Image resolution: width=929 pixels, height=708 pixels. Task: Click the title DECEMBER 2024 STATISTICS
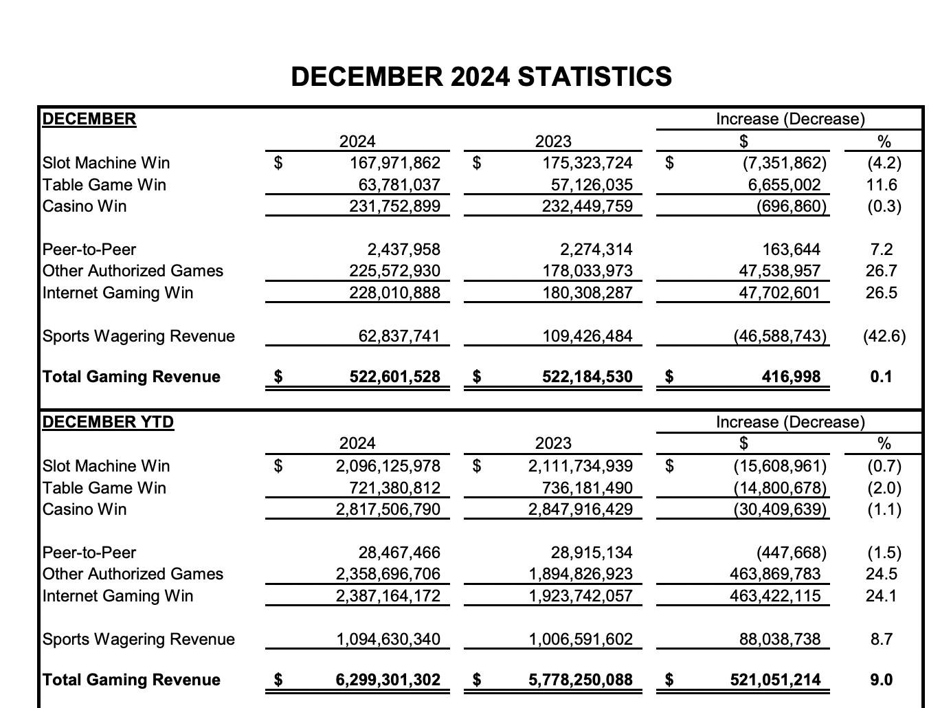pos(481,76)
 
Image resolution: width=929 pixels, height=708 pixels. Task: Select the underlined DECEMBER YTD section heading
pos(108,421)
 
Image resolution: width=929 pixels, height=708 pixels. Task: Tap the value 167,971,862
pos(394,163)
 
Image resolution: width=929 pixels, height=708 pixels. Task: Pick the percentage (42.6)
pos(884,336)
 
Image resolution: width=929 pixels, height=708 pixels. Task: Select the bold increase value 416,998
pos(790,377)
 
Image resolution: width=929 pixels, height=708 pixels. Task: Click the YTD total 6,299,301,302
pos(388,680)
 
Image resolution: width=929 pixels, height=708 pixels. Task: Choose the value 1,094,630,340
pos(388,639)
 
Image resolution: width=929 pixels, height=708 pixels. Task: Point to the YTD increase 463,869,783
pos(774,574)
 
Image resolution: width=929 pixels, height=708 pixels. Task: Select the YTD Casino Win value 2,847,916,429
pos(580,509)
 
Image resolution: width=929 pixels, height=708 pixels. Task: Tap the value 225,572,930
pos(394,271)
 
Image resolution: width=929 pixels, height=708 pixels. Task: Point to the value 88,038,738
pos(779,639)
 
